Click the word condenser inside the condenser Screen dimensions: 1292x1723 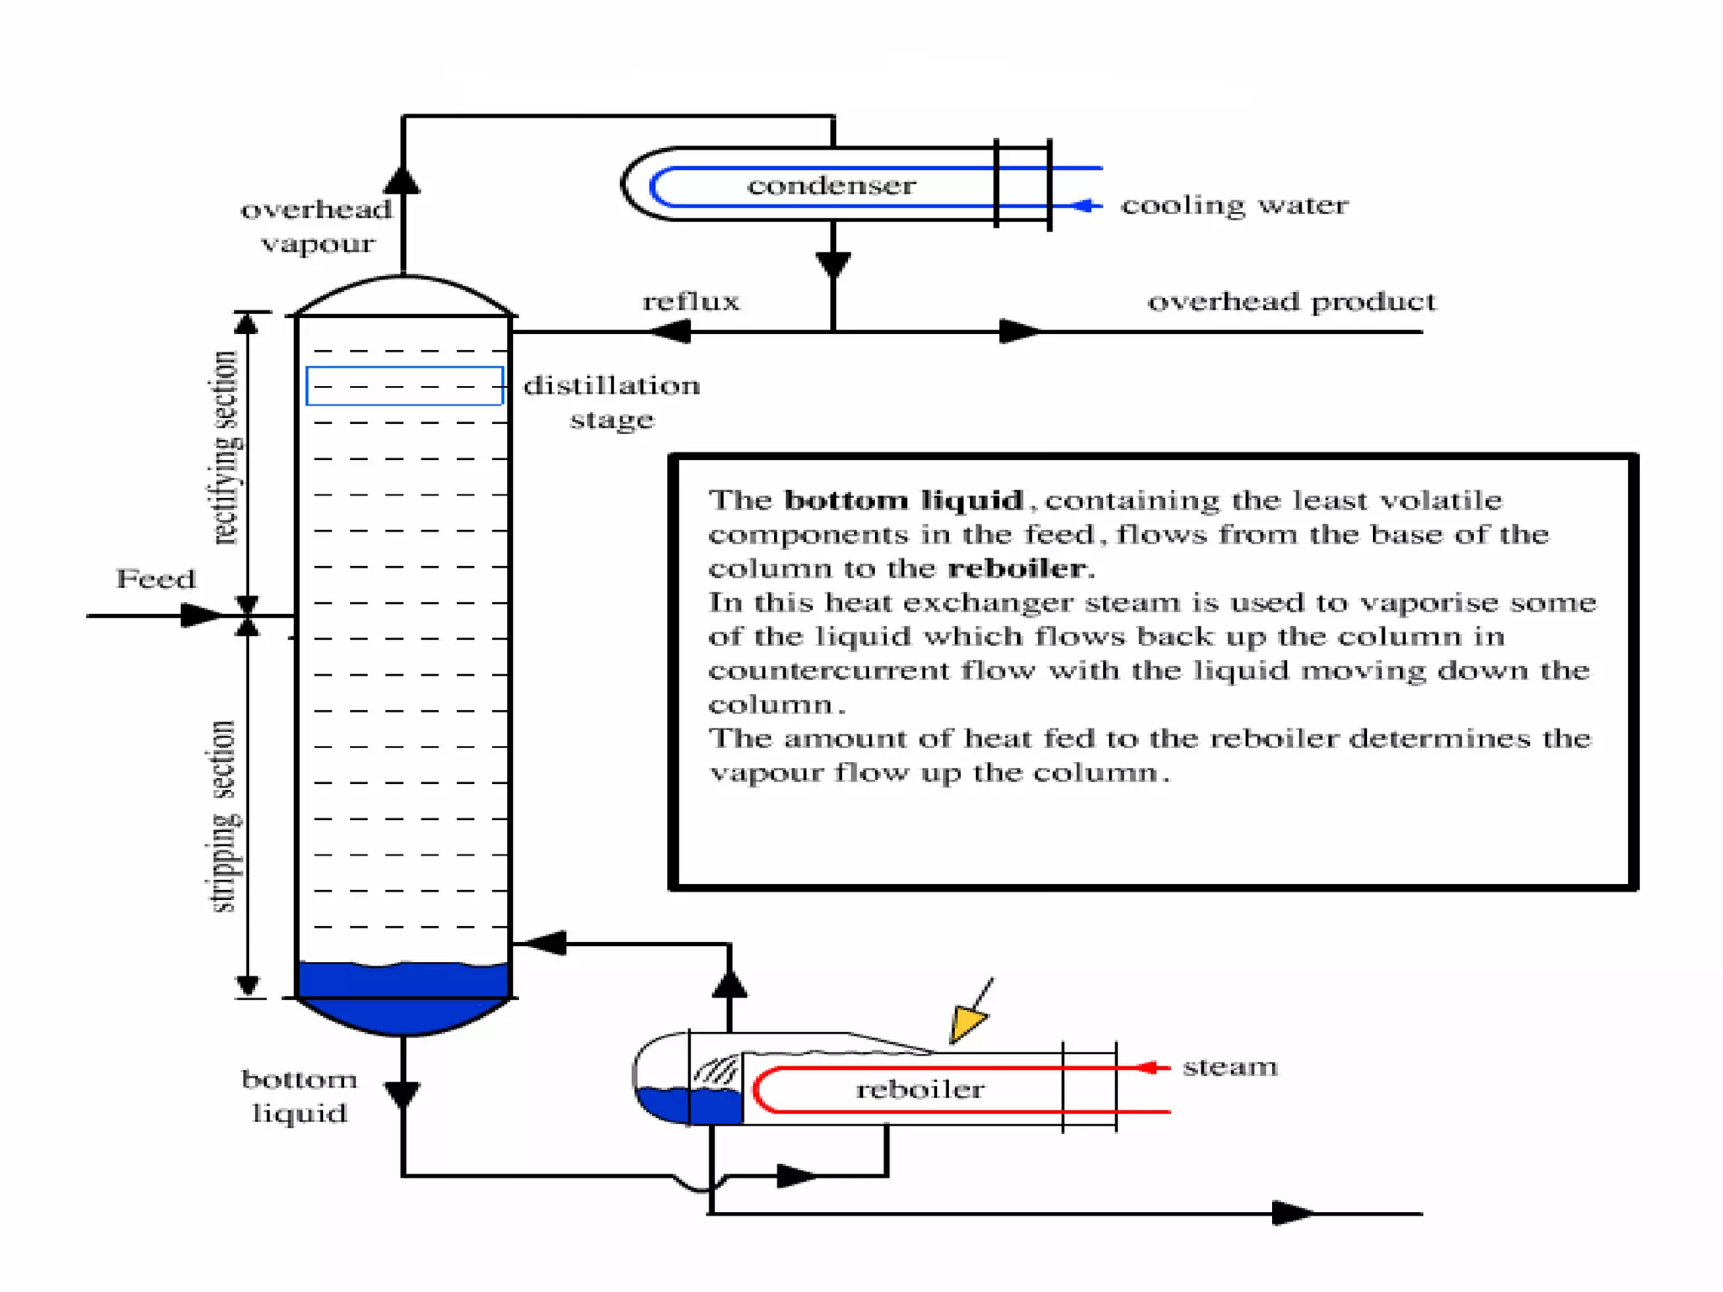[831, 185]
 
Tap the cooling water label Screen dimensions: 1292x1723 [1234, 205]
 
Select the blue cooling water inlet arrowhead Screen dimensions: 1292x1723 [1087, 205]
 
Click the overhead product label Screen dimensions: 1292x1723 [1291, 301]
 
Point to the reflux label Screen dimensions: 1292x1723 [691, 301]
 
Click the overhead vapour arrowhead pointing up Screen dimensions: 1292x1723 [403, 180]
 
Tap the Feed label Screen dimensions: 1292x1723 [156, 579]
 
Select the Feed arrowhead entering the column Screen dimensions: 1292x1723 [200, 616]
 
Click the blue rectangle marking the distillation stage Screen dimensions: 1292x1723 [405, 386]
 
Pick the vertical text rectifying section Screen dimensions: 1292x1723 [225, 447]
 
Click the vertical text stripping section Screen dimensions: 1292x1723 [223, 816]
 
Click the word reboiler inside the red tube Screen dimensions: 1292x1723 [920, 1090]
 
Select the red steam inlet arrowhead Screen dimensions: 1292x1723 [1149, 1067]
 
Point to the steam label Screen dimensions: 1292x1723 [1230, 1067]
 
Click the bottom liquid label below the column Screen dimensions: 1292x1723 [300, 1096]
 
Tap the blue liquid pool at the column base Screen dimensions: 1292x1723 [403, 997]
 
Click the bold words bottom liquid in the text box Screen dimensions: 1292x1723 [904, 500]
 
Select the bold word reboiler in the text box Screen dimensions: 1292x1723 [1016, 569]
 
